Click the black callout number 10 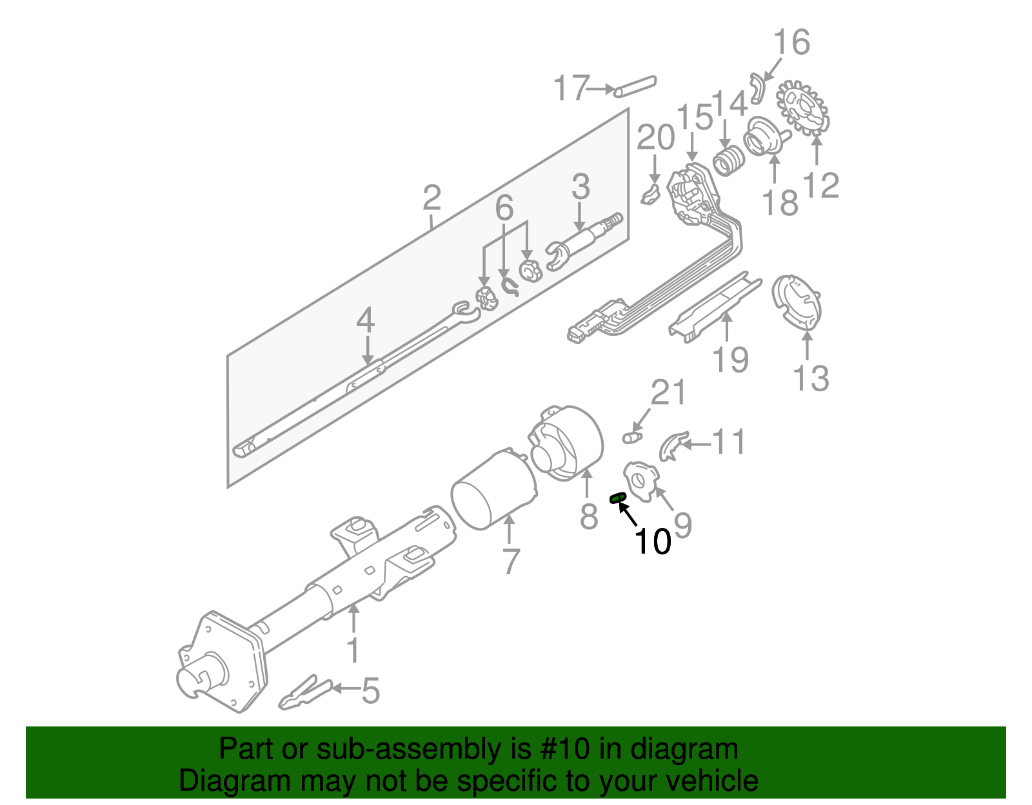(x=653, y=541)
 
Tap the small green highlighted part (x=618, y=496)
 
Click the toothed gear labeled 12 (x=803, y=108)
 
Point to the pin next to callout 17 (x=635, y=86)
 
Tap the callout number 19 (x=730, y=359)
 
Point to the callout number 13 (x=810, y=378)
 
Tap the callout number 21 (x=668, y=392)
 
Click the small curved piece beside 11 (x=673, y=446)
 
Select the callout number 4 (x=365, y=320)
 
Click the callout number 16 (x=791, y=43)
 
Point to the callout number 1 (x=353, y=650)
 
